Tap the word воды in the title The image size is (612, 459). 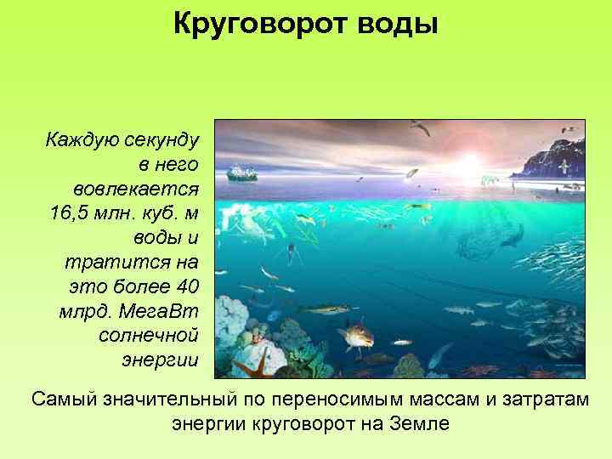[398, 24]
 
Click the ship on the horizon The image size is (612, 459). [243, 172]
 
